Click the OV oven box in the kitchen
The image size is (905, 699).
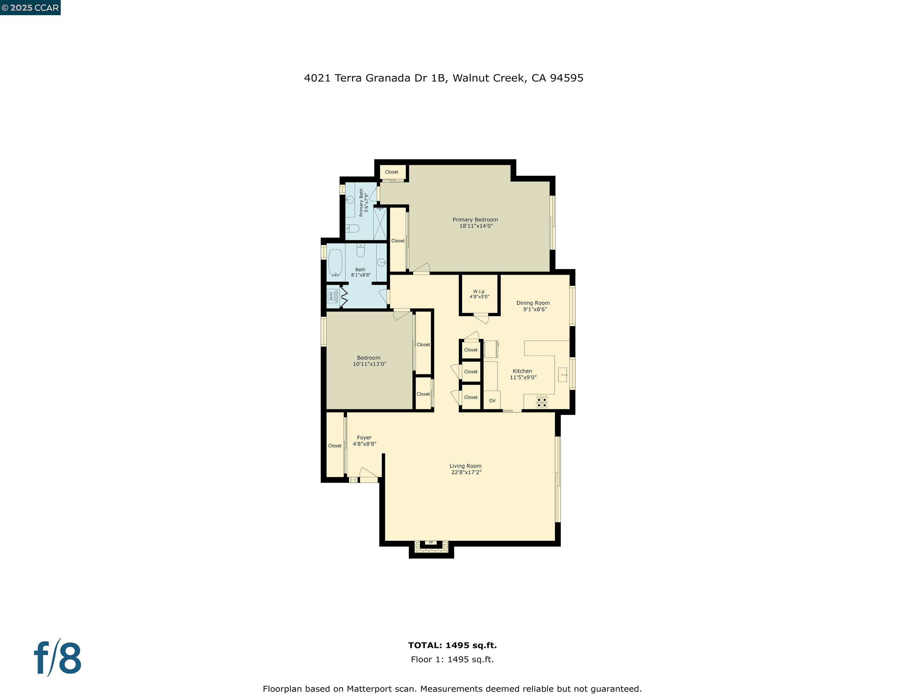click(492, 400)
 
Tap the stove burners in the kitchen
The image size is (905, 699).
click(542, 402)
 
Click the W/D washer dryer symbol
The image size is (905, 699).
click(331, 296)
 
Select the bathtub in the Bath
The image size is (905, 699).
click(335, 262)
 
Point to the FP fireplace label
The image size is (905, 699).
click(431, 542)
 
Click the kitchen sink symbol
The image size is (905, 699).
click(562, 374)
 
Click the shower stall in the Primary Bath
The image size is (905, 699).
click(380, 223)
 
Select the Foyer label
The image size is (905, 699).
click(364, 438)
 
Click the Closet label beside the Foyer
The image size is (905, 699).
click(335, 446)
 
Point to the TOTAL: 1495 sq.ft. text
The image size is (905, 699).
click(452, 645)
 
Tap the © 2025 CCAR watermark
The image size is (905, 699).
click(30, 8)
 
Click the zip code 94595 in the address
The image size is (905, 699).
click(566, 78)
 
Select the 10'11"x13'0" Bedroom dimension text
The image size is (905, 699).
click(369, 364)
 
